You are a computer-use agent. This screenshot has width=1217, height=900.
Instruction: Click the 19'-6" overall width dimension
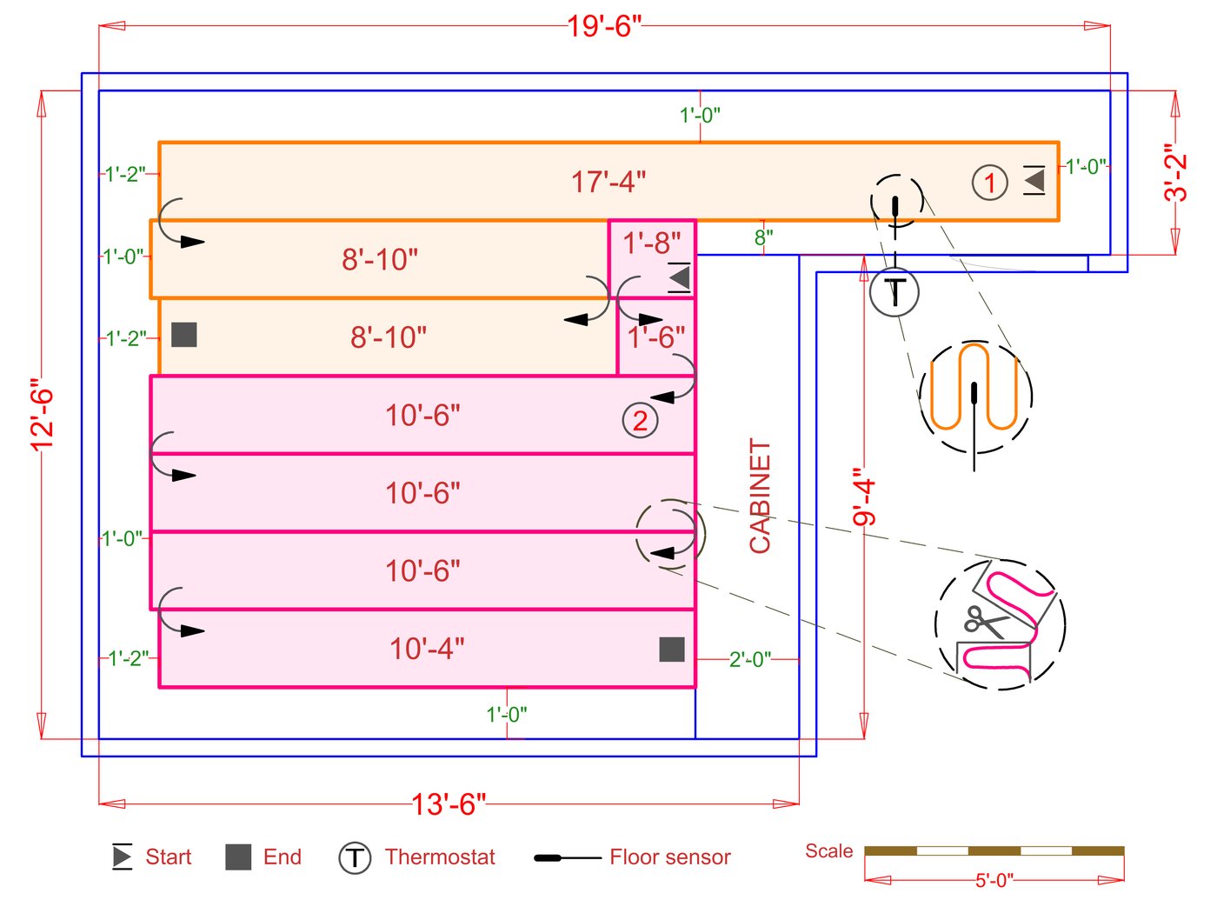click(x=604, y=26)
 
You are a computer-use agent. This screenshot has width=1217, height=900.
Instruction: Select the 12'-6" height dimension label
click(x=42, y=415)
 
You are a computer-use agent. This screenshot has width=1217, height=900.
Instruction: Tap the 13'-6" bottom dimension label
click(x=449, y=803)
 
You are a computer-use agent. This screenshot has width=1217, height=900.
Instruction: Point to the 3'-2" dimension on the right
click(x=1175, y=173)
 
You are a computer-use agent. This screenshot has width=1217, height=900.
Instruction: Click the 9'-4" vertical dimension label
click(x=863, y=497)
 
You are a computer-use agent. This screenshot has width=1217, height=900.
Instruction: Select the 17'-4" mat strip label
click(x=608, y=182)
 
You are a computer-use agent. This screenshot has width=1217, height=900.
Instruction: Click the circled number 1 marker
click(x=989, y=183)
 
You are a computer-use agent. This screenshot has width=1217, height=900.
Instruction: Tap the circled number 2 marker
click(x=640, y=421)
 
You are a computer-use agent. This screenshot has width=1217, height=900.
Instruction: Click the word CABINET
click(x=761, y=496)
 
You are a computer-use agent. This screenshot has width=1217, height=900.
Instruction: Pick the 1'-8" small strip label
click(x=652, y=243)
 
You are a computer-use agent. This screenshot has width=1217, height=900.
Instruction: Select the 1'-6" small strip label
click(x=656, y=337)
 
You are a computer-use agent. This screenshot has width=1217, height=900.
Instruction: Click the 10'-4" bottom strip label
click(x=427, y=649)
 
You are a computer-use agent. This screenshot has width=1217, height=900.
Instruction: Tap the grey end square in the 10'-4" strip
click(x=672, y=649)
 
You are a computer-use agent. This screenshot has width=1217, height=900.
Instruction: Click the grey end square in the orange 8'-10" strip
click(x=184, y=335)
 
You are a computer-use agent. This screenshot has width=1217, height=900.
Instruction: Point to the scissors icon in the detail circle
click(x=984, y=621)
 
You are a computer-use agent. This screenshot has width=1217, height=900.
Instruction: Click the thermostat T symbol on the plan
click(x=894, y=291)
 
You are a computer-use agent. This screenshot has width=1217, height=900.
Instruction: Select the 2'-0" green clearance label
click(x=749, y=659)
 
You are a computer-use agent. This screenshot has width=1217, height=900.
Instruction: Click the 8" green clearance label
click(x=763, y=237)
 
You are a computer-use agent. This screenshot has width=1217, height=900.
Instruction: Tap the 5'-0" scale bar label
click(x=994, y=880)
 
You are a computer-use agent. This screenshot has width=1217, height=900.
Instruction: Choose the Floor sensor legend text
click(x=670, y=857)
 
